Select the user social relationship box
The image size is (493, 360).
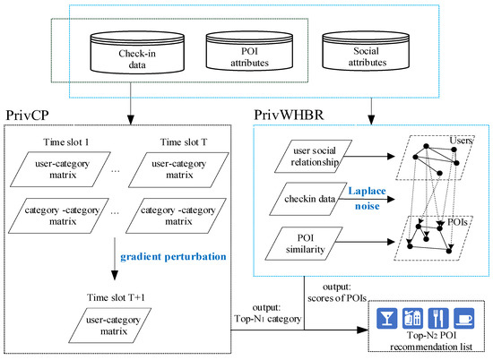[x=314, y=158]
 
